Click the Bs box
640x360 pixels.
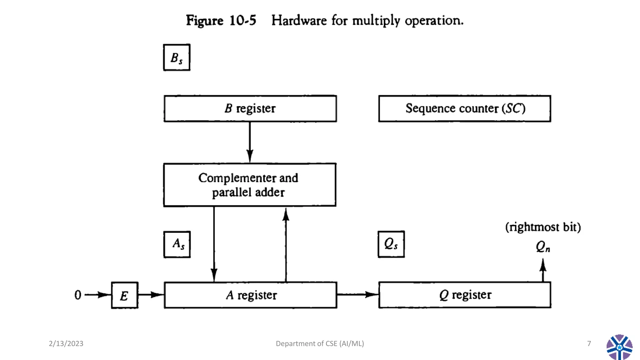pyautogui.click(x=177, y=57)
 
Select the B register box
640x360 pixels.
pyautogui.click(x=250, y=108)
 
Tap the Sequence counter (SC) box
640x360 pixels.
pyautogui.click(x=464, y=108)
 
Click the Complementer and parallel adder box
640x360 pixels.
pyautogui.click(x=249, y=185)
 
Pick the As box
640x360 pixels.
pyautogui.click(x=177, y=244)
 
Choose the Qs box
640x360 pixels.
pyautogui.click(x=391, y=244)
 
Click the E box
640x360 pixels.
pyautogui.click(x=124, y=295)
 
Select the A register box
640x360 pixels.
pyautogui.click(x=250, y=295)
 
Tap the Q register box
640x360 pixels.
pyautogui.click(x=464, y=295)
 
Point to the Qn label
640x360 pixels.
pyautogui.click(x=543, y=247)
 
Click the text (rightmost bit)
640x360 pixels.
pyautogui.click(x=543, y=227)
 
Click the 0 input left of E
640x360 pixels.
pyautogui.click(x=78, y=295)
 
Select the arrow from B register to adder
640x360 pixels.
pyautogui.click(x=250, y=142)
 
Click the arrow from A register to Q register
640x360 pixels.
pyautogui.click(x=357, y=294)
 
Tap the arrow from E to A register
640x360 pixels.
pyautogui.click(x=151, y=295)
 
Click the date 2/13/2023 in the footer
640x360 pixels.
pyautogui.click(x=66, y=343)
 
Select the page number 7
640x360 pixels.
pyautogui.click(x=589, y=343)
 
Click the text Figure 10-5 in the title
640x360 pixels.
pyautogui.click(x=221, y=21)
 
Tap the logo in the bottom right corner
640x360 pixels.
pyautogui.click(x=619, y=347)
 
